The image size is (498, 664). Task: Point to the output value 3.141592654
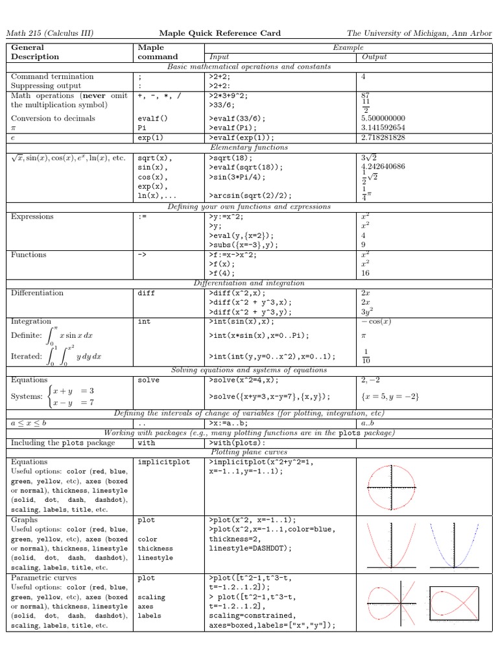[x=383, y=128]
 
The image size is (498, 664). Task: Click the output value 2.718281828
[x=383, y=137]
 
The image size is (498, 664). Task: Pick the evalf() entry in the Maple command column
[x=152, y=119]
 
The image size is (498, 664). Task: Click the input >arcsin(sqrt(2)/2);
[x=250, y=195]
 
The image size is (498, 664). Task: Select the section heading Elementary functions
[x=249, y=147]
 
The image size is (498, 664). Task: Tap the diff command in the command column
[x=147, y=292]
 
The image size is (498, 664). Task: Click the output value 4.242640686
[x=384, y=167]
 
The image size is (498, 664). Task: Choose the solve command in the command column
[x=148, y=380]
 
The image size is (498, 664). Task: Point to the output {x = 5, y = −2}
[x=390, y=396]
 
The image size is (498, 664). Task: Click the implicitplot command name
[x=161, y=462]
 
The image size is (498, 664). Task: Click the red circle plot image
[x=392, y=486]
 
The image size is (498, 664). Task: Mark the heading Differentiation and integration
[x=249, y=283]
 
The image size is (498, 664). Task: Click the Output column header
[x=374, y=56]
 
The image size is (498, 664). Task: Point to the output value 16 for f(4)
[x=366, y=274]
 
